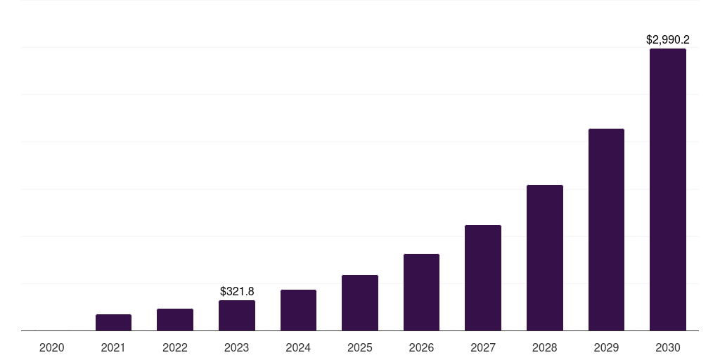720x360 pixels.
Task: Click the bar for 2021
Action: click(x=113, y=322)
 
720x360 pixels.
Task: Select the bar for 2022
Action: click(x=175, y=319)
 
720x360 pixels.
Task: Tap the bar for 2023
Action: click(x=237, y=315)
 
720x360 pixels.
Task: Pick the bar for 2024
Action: click(x=298, y=310)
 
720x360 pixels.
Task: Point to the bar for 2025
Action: click(x=360, y=302)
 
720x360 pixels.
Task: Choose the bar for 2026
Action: click(x=421, y=292)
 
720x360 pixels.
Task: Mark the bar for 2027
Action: click(x=483, y=278)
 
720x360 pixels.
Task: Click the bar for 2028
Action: click(x=545, y=257)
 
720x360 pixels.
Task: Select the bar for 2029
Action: click(x=606, y=229)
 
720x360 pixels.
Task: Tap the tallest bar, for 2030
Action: click(x=668, y=189)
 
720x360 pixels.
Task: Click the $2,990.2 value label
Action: click(x=668, y=40)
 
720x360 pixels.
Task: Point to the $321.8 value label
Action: click(x=237, y=291)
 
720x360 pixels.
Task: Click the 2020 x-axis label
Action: click(x=52, y=347)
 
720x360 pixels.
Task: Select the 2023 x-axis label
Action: click(x=237, y=347)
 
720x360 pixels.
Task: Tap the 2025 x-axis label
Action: click(x=360, y=347)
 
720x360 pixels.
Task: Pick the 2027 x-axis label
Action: click(x=483, y=347)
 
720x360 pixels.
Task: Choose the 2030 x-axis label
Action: click(x=668, y=347)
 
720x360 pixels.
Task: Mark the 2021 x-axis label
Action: click(x=113, y=347)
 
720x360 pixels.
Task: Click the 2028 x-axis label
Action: click(x=545, y=347)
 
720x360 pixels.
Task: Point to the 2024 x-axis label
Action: click(x=298, y=347)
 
